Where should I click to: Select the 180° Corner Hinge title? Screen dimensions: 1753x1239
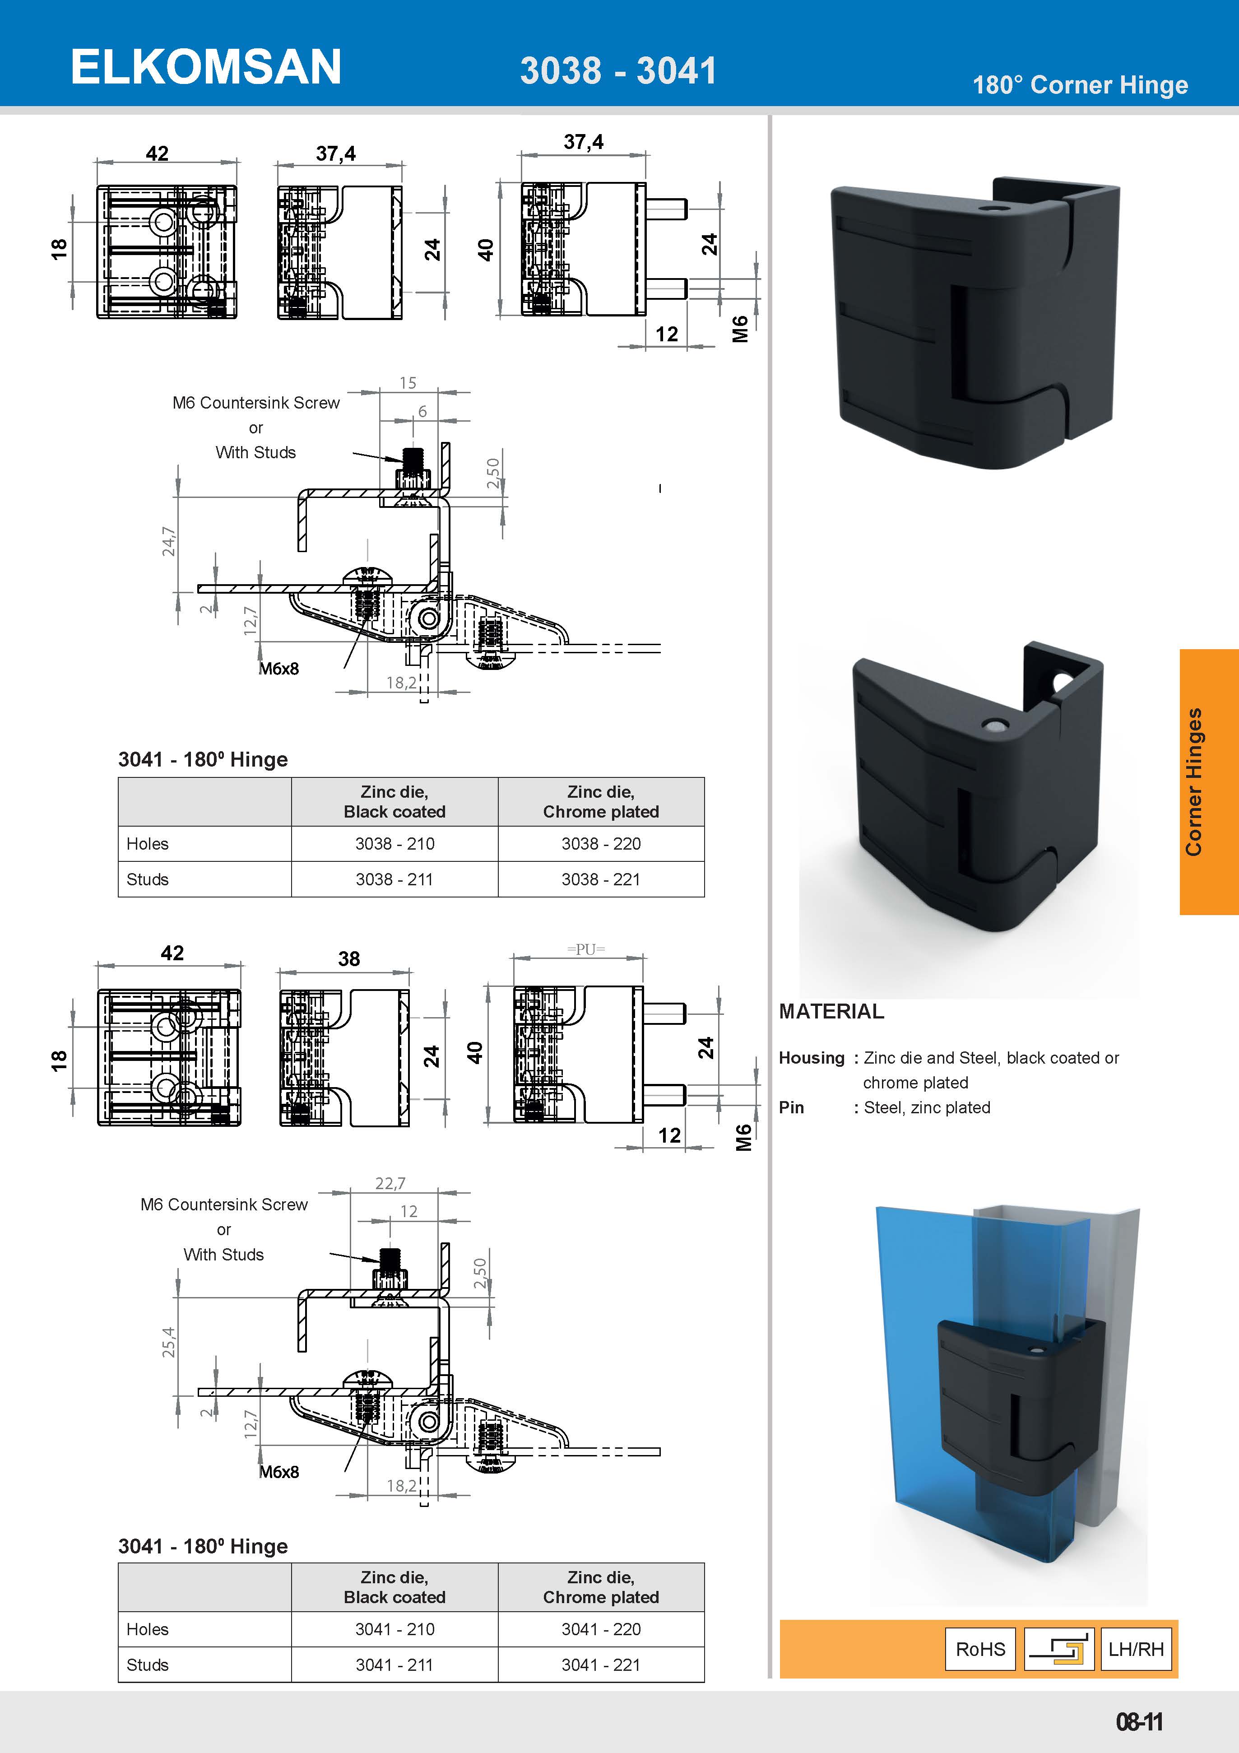(x=1080, y=85)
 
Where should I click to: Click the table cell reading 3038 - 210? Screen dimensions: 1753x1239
(x=394, y=844)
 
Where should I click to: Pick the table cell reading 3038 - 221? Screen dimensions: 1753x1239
(x=601, y=879)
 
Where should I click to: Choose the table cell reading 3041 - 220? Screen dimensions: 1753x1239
(x=601, y=1629)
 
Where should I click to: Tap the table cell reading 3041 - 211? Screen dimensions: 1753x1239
(x=394, y=1665)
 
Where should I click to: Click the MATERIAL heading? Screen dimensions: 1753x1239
(x=831, y=1012)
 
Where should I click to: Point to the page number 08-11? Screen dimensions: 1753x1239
(x=1139, y=1722)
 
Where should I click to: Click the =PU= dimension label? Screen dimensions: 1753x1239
(x=585, y=949)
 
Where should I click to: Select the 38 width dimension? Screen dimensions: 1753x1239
(x=349, y=959)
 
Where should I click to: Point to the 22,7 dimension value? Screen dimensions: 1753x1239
(x=390, y=1183)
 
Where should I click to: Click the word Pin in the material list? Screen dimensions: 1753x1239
(x=791, y=1108)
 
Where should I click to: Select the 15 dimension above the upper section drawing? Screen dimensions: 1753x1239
(x=408, y=382)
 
